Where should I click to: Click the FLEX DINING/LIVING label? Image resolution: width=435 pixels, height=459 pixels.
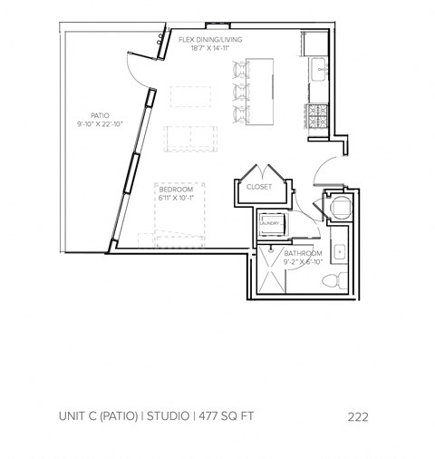(210, 39)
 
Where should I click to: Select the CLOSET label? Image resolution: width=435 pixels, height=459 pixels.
(260, 187)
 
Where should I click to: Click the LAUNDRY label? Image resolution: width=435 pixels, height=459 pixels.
(271, 222)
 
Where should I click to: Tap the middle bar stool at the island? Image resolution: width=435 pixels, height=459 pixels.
(239, 92)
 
